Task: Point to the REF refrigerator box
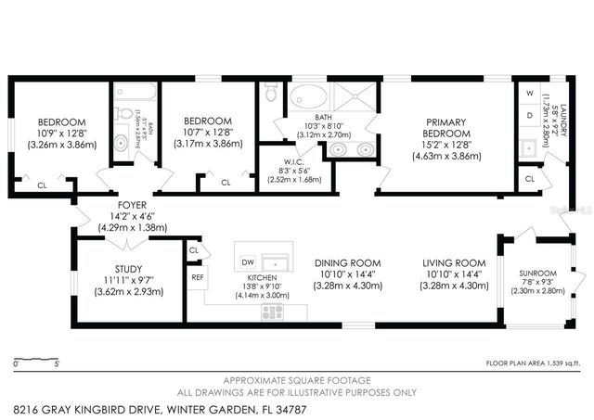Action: (197, 276)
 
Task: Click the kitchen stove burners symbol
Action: (271, 312)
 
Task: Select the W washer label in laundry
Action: (530, 94)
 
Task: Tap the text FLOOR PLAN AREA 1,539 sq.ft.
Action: (536, 363)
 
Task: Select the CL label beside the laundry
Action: (530, 177)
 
